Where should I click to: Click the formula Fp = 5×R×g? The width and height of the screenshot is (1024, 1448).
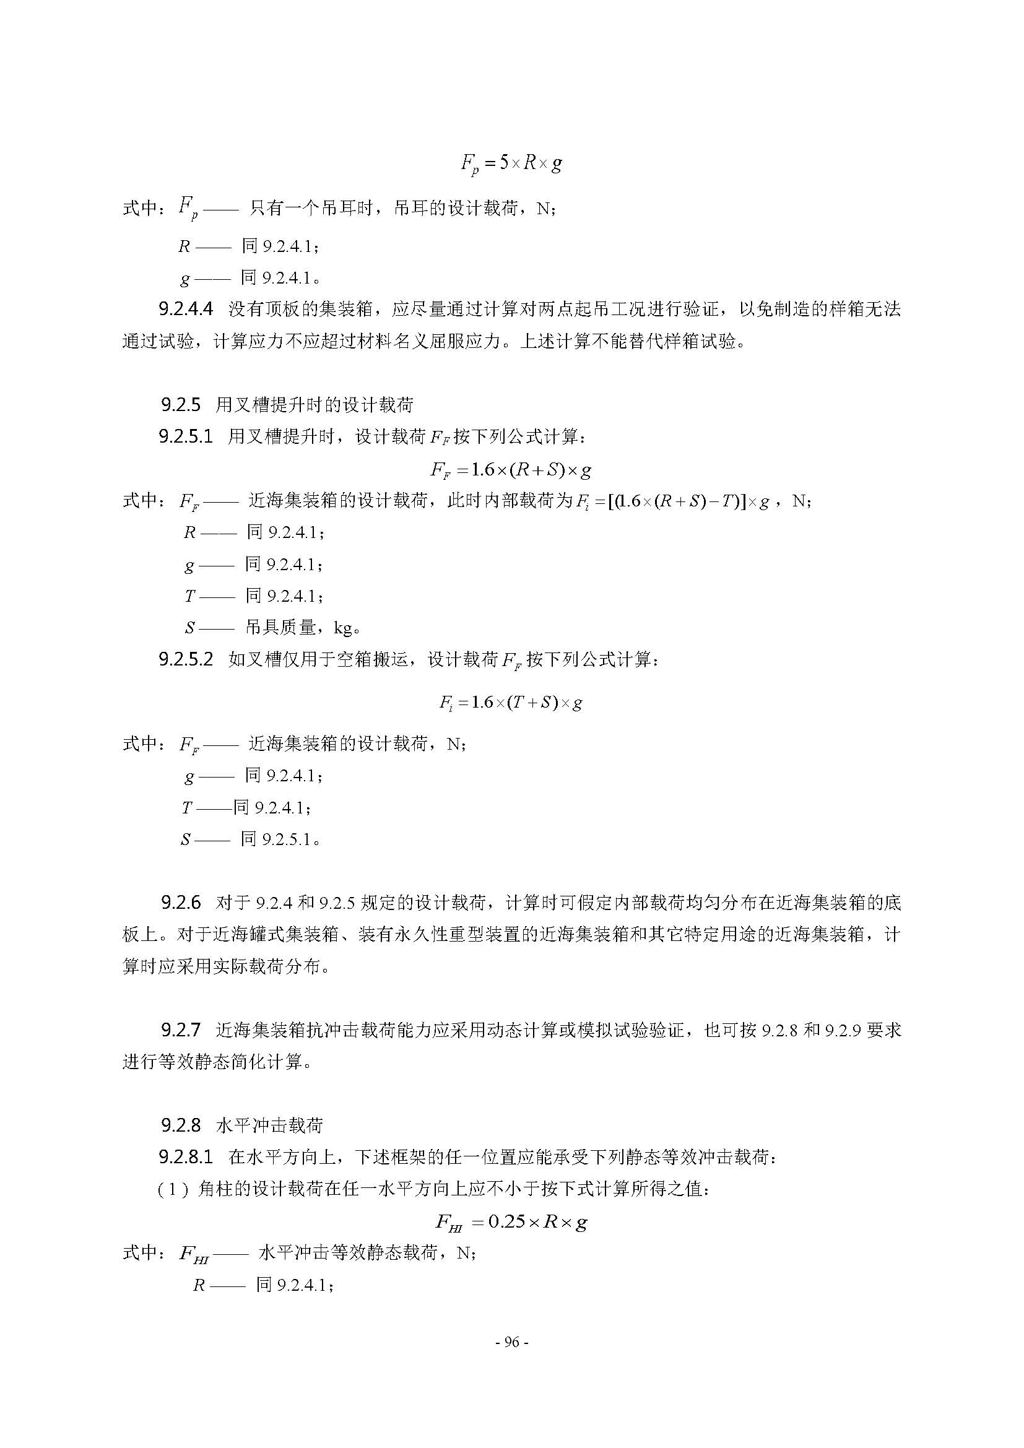tap(511, 163)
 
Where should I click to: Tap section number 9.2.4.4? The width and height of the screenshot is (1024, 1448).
tap(185, 309)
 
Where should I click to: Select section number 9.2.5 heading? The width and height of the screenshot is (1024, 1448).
tap(180, 405)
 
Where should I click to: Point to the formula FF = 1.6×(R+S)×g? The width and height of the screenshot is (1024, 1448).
tap(511, 470)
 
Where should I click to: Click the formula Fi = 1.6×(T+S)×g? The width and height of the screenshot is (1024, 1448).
tap(510, 703)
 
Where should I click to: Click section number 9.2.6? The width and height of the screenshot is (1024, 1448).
tap(180, 903)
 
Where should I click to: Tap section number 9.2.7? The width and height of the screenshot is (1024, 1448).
tap(180, 1031)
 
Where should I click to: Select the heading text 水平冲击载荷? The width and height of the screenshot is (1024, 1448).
tap(269, 1125)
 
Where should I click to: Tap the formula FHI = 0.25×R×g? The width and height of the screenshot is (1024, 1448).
tap(511, 1222)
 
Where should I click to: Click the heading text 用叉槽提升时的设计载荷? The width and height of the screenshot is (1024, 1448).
tap(314, 405)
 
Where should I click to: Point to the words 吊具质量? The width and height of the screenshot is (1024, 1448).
tap(280, 628)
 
